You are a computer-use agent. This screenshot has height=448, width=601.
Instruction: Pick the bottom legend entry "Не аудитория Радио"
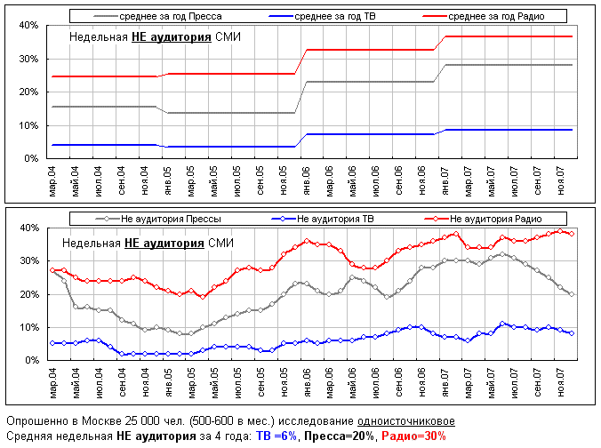click(495, 219)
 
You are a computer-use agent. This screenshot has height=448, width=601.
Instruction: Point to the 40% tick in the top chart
click(27, 26)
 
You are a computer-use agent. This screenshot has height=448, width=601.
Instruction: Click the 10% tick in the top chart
click(27, 125)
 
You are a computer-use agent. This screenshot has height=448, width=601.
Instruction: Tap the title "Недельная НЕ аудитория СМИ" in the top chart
click(156, 37)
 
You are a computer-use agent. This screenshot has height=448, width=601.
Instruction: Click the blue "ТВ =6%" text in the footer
click(275, 436)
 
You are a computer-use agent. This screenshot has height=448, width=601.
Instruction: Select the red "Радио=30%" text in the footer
click(413, 436)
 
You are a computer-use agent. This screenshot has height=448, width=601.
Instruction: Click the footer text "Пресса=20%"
click(340, 436)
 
